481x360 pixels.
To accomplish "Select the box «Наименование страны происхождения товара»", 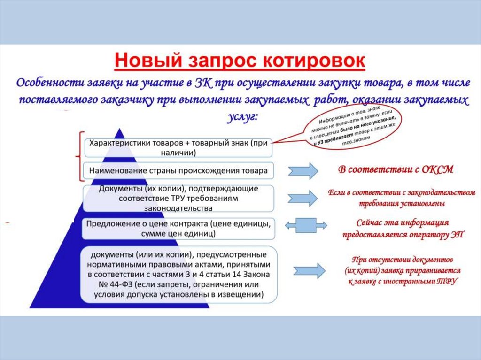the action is [178, 171].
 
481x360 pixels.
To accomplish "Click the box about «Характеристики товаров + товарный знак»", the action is [178, 147].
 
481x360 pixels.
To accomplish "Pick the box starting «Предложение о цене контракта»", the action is [178, 228].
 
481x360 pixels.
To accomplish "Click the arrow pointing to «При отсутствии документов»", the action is [308, 271].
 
